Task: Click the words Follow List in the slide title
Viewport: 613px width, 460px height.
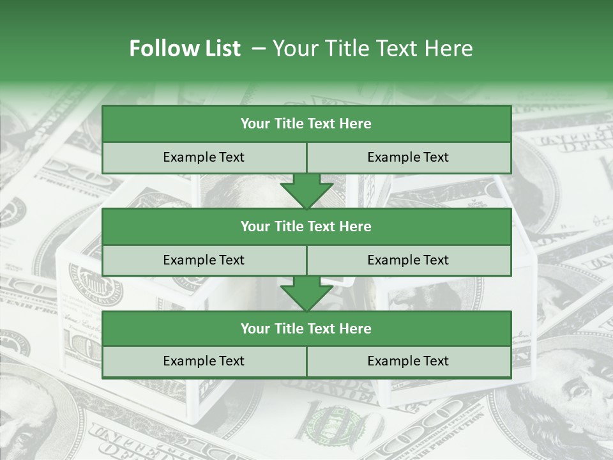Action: click(x=185, y=49)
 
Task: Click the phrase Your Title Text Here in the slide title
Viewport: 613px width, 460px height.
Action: click(x=372, y=49)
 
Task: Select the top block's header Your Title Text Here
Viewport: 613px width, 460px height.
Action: click(x=306, y=124)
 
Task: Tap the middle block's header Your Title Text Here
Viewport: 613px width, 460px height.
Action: click(x=306, y=226)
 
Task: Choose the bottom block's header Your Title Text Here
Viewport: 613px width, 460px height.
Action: click(x=306, y=328)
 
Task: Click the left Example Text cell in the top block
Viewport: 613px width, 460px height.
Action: click(x=204, y=157)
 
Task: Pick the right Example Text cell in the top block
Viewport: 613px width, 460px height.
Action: click(x=408, y=157)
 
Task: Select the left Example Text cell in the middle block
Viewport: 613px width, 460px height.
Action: click(x=204, y=260)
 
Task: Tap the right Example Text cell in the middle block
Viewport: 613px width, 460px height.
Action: click(x=408, y=260)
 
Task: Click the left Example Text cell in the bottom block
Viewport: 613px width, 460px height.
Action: click(x=204, y=361)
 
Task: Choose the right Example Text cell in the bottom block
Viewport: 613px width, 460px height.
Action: click(x=408, y=361)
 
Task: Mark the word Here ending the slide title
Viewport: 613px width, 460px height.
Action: click(x=451, y=49)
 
